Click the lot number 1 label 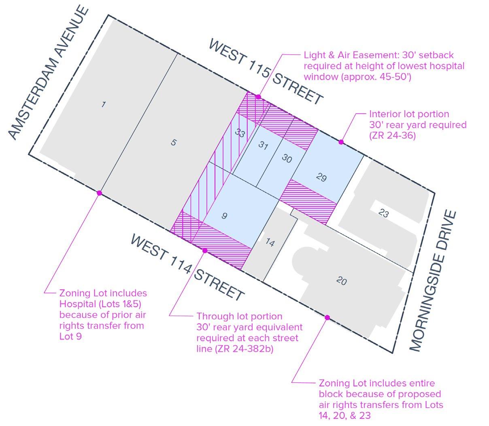tap(104, 105)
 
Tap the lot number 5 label tap(173, 142)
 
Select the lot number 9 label tap(224, 216)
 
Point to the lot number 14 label tap(270, 243)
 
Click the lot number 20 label tap(341, 280)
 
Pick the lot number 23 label tap(383, 213)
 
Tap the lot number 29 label tap(321, 177)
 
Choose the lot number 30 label tap(287, 158)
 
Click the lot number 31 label tap(263, 146)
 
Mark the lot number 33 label tap(240, 133)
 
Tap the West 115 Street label tap(266, 72)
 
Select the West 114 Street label tap(187, 267)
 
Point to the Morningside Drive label tap(434, 280)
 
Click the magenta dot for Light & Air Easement tap(258, 97)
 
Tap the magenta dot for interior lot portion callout tap(341, 142)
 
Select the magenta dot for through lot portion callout tap(205, 251)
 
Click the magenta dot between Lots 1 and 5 tap(99, 193)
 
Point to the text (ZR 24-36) tap(392, 136)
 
